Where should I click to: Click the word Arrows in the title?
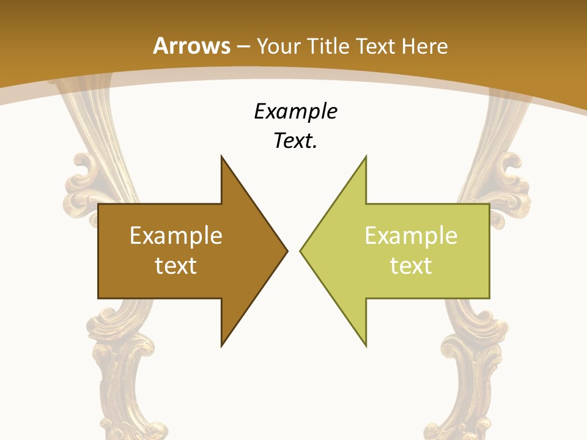point(192,46)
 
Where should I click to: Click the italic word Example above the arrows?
point(295,112)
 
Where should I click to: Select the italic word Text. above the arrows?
point(295,141)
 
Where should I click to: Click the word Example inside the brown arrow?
point(176,236)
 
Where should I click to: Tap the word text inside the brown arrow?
point(176,265)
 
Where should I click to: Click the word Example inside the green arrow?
point(411,236)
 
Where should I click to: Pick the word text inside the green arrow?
point(411,265)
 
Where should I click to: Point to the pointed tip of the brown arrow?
point(287,251)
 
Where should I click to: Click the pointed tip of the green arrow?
point(300,251)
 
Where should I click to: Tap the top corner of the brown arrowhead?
point(222,156)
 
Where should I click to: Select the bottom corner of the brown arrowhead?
point(222,346)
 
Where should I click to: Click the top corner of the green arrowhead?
point(366,156)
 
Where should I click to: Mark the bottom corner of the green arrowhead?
point(366,346)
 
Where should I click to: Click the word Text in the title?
point(375,46)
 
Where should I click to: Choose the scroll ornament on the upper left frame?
point(86,177)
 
